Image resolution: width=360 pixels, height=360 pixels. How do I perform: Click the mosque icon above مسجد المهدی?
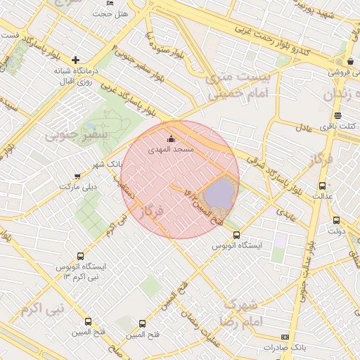pyautogui.click(x=172, y=139)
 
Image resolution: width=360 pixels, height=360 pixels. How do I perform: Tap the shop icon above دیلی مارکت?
pyautogui.click(x=77, y=176)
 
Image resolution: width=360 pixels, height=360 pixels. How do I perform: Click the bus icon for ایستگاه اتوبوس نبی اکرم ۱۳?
pyautogui.click(x=79, y=257)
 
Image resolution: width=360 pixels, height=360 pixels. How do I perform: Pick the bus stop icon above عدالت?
pyautogui.click(x=322, y=186)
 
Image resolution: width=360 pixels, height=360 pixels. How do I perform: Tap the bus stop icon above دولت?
pyautogui.click(x=335, y=220)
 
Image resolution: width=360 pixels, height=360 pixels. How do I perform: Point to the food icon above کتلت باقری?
pyautogui.click(x=338, y=116)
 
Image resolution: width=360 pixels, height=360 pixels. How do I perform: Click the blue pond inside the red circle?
pyautogui.click(x=219, y=193)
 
